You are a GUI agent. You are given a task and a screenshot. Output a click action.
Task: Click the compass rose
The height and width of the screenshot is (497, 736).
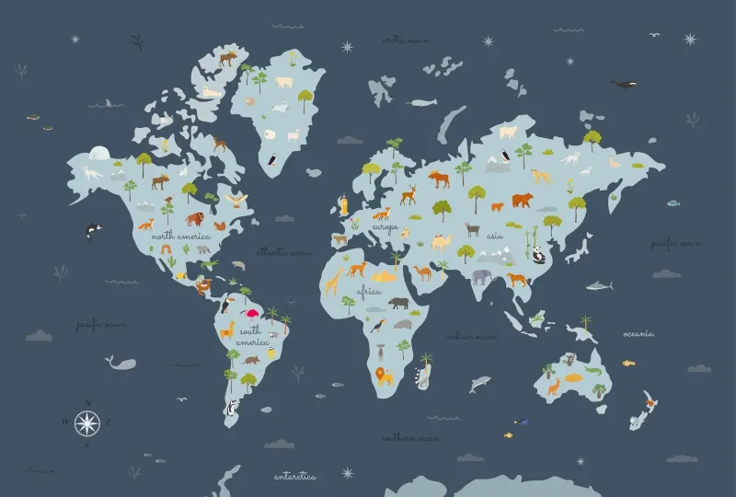click(86, 422)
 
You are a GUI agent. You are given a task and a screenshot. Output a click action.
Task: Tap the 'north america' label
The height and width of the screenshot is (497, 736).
click(181, 237)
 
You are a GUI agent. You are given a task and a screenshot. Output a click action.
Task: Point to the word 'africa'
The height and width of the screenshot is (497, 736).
click(369, 292)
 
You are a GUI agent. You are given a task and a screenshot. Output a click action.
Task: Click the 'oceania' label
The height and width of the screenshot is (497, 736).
click(638, 333)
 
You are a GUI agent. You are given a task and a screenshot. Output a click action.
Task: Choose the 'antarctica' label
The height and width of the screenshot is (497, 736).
click(295, 477)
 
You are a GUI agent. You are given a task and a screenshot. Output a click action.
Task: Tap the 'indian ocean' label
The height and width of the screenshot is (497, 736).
click(472, 337)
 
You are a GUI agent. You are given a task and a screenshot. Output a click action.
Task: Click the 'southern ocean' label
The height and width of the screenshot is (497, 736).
click(411, 438)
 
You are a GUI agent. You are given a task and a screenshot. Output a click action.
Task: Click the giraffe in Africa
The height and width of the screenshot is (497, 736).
click(333, 280)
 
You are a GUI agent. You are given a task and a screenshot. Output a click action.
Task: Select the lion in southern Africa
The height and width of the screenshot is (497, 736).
click(383, 376)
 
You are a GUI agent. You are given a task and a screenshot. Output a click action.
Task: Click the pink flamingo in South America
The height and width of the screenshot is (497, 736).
click(252, 314)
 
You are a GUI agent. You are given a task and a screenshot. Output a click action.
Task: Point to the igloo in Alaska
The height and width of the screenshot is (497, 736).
click(99, 155)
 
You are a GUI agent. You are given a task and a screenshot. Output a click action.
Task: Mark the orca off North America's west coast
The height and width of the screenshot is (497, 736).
click(92, 230)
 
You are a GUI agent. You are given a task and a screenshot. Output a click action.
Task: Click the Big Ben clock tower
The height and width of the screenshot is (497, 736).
click(344, 205)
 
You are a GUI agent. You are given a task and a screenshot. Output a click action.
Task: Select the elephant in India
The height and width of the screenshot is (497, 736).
click(483, 276)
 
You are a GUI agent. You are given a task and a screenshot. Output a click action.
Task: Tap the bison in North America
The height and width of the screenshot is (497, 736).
click(194, 218)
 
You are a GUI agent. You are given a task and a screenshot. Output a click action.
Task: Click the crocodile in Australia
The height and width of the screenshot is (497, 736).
click(592, 370)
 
